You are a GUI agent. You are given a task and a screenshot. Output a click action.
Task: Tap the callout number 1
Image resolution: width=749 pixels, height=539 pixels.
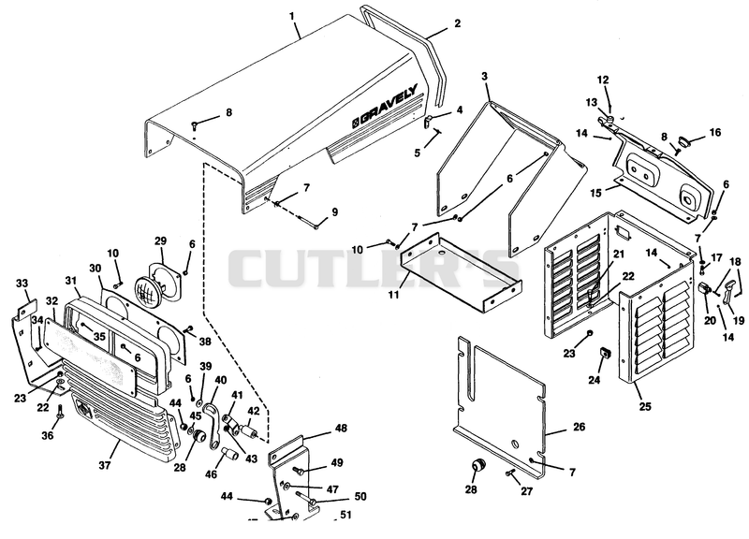pos(292,16)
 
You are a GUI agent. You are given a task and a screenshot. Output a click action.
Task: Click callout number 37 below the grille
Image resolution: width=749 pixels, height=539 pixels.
pos(105,464)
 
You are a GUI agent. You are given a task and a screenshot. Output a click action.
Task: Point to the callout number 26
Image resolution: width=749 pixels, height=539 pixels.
pos(579,427)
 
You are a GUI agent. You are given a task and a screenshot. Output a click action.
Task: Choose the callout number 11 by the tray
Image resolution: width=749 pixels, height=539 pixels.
pos(393,295)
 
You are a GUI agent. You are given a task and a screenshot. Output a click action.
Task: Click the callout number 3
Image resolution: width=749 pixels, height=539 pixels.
pos(484,77)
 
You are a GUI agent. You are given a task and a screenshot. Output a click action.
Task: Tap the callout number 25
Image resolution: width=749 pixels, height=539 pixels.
pos(645,407)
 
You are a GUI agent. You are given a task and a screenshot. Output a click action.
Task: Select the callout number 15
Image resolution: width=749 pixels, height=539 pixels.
pos(595,193)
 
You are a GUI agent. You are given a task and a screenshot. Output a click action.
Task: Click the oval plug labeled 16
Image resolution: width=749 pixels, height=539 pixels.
pos(684,141)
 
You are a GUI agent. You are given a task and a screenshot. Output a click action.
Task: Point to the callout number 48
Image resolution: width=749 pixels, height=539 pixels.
pos(341,428)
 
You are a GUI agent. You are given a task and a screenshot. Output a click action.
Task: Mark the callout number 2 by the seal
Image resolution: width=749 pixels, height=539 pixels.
pos(457,22)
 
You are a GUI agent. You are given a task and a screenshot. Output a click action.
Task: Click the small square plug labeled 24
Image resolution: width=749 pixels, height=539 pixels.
pos(606,354)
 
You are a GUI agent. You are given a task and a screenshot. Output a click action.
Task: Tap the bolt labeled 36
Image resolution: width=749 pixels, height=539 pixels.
pos(60,412)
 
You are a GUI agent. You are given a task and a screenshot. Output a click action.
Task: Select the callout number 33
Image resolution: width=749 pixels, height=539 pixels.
pos(22,284)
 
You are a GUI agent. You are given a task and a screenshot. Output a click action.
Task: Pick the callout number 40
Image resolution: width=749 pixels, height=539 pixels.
pos(220,381)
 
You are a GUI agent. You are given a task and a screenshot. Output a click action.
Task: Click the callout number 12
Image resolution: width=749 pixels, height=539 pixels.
pos(603,80)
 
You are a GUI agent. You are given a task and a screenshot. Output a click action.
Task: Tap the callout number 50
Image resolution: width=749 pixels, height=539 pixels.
pos(360,497)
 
